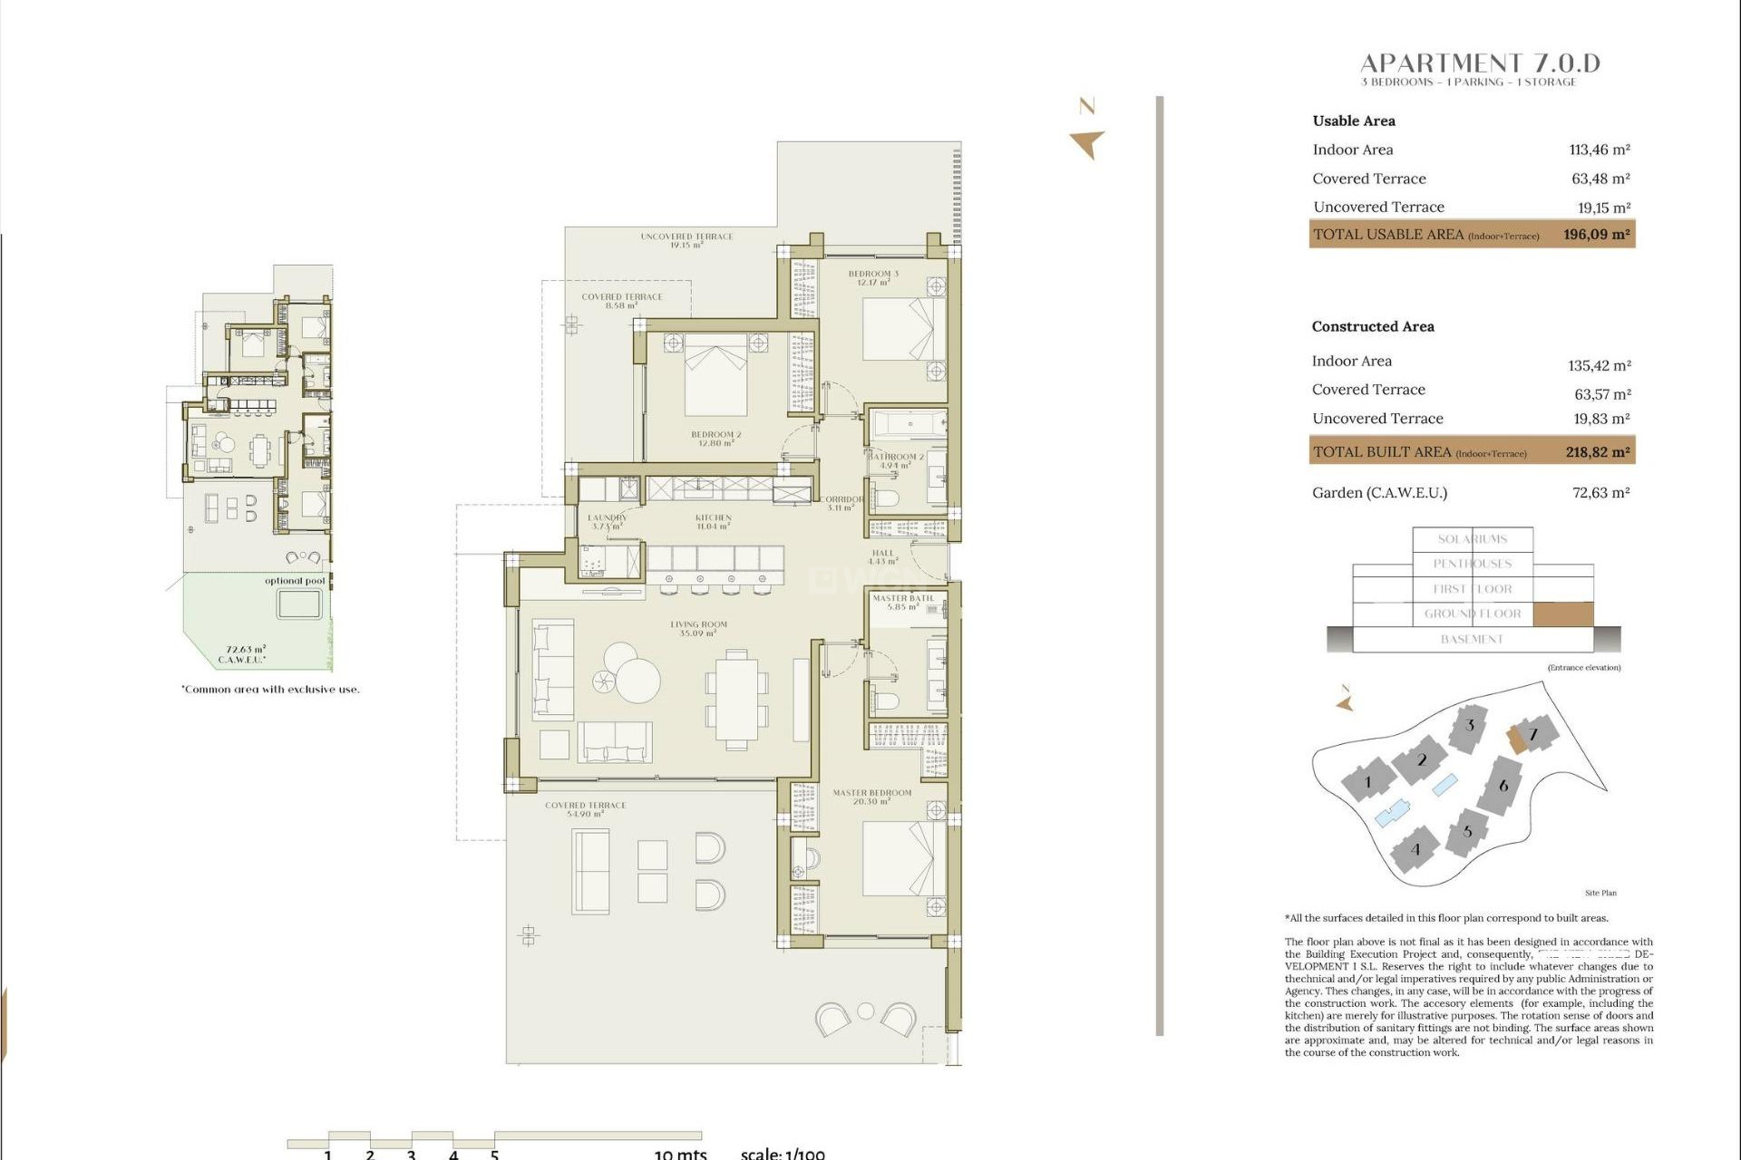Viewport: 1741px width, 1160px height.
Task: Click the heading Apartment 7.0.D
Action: [x=1480, y=63]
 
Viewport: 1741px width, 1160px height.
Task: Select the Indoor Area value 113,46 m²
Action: [x=1600, y=150]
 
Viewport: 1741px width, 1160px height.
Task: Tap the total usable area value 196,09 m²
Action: [x=1596, y=235]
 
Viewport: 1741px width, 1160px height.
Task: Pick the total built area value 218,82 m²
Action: [x=1597, y=452]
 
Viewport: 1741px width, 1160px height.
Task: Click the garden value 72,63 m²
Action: [x=1600, y=493]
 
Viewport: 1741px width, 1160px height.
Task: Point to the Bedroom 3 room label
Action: [x=873, y=277]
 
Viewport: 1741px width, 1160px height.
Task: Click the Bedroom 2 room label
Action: [x=715, y=439]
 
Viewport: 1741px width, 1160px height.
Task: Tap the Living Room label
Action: [x=698, y=628]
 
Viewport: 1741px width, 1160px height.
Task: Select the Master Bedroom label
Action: [x=872, y=797]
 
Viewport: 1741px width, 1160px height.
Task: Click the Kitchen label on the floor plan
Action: [x=714, y=521]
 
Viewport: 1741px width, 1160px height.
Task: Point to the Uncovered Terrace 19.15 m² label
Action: [x=686, y=240]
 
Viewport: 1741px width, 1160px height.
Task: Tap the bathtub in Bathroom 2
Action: [x=908, y=425]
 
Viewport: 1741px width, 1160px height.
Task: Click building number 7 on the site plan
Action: [x=1533, y=734]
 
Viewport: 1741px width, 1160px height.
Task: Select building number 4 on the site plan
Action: [x=1415, y=849]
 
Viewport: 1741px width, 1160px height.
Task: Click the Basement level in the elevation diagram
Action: [x=1472, y=640]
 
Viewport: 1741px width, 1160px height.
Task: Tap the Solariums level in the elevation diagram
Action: [x=1472, y=539]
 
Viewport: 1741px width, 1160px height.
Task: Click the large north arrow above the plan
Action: [x=1087, y=142]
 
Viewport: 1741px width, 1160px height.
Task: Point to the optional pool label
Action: [x=295, y=581]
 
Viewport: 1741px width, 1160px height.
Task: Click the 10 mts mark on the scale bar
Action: [x=680, y=1154]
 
